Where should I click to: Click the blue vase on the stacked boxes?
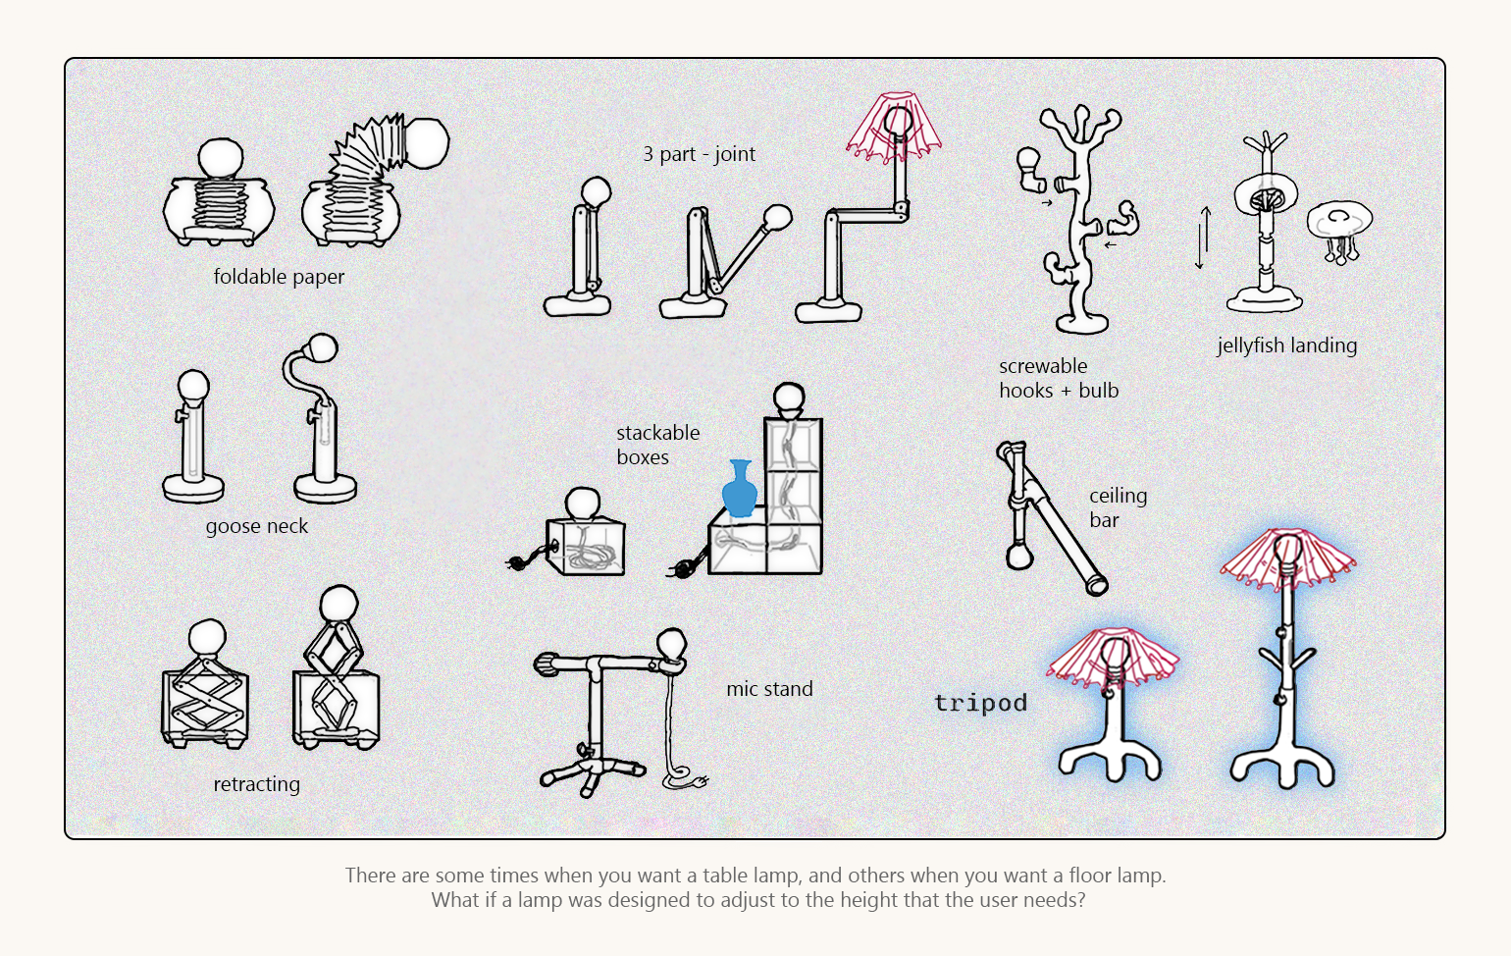click(740, 490)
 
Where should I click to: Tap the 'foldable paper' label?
click(279, 277)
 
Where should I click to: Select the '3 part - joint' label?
click(699, 154)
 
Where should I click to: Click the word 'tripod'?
click(980, 703)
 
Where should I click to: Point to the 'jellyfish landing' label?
click(1286, 345)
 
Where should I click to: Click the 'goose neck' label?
click(256, 526)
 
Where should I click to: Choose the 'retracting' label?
click(256, 784)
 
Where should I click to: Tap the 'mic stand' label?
click(769, 689)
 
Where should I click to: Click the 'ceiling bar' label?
click(1117, 507)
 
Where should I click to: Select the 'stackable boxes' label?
click(657, 445)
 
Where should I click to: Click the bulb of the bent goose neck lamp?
click(322, 347)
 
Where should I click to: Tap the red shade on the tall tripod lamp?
click(1287, 558)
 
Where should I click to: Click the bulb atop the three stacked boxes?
click(789, 398)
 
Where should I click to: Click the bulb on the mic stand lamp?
click(672, 644)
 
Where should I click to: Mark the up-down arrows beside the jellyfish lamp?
click(1202, 238)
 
